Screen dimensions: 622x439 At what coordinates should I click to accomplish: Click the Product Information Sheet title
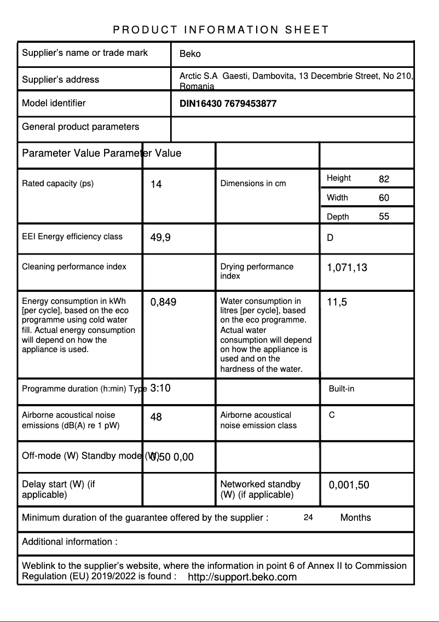pos(221,30)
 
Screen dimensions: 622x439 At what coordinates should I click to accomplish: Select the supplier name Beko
pos(190,54)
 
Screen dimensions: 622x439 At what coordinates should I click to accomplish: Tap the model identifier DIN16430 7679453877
pos(228,103)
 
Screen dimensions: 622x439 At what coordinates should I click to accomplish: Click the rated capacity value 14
pos(156,185)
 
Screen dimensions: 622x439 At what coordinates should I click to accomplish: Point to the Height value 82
pos(384,179)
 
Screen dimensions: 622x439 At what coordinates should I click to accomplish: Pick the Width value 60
pos(384,198)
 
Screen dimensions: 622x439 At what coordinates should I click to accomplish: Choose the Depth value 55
pos(384,216)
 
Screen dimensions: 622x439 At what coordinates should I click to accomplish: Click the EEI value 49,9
pos(160,238)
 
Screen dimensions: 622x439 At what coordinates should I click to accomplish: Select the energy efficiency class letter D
pos(330,238)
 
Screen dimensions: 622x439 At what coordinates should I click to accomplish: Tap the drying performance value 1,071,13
pos(347,268)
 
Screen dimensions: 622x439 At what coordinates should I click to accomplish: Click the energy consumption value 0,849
pos(163,302)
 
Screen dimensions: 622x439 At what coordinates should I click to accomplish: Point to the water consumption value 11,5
pos(337,302)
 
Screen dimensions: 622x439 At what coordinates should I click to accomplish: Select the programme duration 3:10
pos(160,388)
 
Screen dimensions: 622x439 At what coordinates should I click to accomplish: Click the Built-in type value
pos(342,389)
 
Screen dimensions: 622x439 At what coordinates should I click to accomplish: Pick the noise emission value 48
pos(156,417)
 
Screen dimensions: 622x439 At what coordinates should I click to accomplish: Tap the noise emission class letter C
pos(332,415)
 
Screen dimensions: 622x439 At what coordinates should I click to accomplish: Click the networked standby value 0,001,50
pos(349,485)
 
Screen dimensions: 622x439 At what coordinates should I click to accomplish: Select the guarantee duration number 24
pos(308,517)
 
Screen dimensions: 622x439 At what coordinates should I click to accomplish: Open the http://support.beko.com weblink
pos(242,577)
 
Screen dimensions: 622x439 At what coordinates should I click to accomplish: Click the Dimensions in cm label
pos(253,183)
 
